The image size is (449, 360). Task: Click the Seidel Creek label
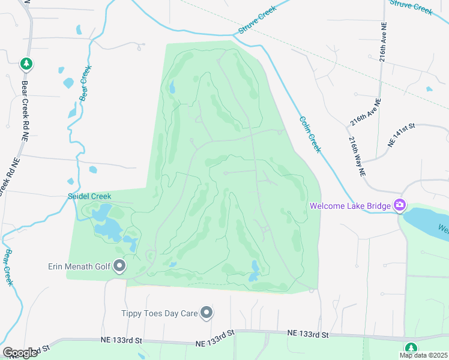click(89, 196)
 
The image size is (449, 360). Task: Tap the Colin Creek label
click(310, 134)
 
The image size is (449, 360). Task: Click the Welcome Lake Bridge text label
click(350, 206)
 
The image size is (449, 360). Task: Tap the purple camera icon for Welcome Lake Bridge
click(399, 205)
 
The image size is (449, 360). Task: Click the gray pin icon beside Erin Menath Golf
click(119, 265)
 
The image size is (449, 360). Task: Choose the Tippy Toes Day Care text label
click(160, 313)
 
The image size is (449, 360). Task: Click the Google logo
click(20, 353)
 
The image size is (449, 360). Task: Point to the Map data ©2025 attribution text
click(423, 355)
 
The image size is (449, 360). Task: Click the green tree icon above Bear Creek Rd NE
click(25, 62)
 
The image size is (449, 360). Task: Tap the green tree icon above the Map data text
click(411, 347)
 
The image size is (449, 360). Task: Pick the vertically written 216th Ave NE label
click(382, 43)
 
